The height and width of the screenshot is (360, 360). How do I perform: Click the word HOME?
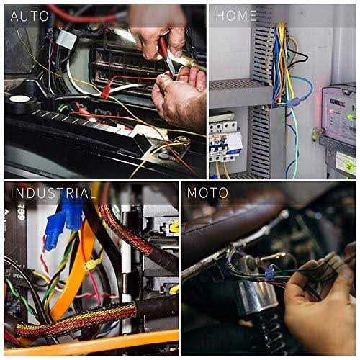(x=237, y=15)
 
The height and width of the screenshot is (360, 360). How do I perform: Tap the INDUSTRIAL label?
(x=53, y=193)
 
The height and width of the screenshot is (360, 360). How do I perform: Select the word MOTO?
(x=207, y=193)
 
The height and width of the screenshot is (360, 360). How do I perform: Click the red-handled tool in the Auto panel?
(x=166, y=58)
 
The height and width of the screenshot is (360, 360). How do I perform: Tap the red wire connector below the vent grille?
(x=106, y=92)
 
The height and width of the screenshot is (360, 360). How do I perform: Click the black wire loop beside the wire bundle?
(x=299, y=53)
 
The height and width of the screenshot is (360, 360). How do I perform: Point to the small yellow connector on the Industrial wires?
(x=90, y=264)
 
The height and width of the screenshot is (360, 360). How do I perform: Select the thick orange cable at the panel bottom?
(x=94, y=341)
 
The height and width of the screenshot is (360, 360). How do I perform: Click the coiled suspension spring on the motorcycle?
(x=266, y=328)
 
